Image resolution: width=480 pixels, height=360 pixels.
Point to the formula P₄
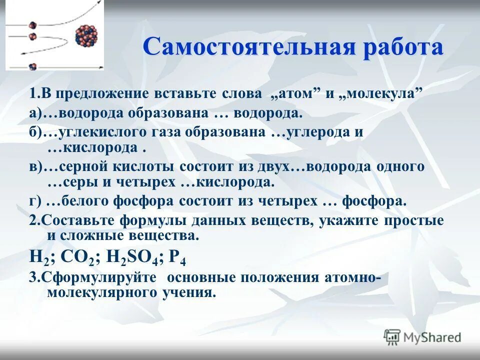(x=178, y=257)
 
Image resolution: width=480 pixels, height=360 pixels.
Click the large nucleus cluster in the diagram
(x=86, y=36)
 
